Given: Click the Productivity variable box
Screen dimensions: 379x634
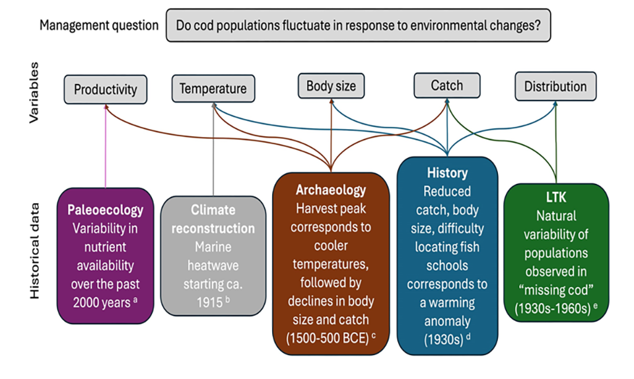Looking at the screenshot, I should point(106,89).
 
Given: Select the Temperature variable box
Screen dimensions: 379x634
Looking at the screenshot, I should point(213,89).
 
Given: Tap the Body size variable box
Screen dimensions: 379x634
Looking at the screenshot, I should point(330,86).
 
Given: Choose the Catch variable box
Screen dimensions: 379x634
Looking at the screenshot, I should point(446,85).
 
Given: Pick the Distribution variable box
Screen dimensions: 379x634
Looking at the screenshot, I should point(555,87).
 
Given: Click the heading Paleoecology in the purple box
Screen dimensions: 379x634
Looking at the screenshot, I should point(106,210).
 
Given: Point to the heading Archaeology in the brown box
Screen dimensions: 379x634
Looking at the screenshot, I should point(331,190).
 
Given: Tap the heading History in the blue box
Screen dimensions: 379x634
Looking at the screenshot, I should point(447,173).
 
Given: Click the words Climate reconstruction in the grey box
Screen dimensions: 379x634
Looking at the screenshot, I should point(213,220).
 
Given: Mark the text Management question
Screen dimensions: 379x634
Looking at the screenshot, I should point(99,25).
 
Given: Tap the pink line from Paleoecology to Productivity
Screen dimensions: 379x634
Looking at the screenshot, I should point(106,146).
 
